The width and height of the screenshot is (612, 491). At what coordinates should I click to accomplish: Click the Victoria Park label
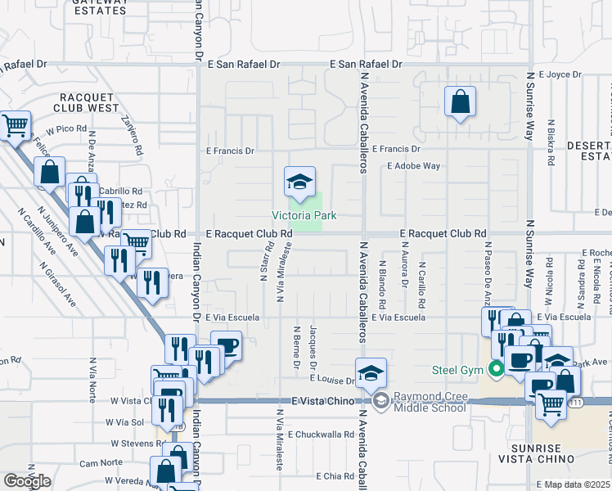(x=304, y=216)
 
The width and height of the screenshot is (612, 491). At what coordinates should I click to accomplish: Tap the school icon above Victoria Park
(x=300, y=182)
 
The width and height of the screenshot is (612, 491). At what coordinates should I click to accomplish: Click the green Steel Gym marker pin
(x=496, y=370)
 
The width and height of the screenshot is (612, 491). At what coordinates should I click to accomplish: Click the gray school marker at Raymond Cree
(x=381, y=401)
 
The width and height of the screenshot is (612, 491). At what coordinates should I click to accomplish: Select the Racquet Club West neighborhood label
(x=86, y=101)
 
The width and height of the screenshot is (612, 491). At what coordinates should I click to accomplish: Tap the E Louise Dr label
(x=332, y=380)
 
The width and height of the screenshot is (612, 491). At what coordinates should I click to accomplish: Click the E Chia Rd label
(x=331, y=475)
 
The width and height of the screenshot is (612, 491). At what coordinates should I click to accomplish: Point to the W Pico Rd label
(x=66, y=129)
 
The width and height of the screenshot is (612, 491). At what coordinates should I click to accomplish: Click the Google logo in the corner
(x=27, y=481)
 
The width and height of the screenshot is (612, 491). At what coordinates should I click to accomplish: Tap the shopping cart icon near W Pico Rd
(x=16, y=125)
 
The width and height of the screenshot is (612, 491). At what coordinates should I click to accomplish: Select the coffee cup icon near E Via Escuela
(x=227, y=345)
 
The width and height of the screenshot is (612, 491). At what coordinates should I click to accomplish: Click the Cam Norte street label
(x=101, y=463)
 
